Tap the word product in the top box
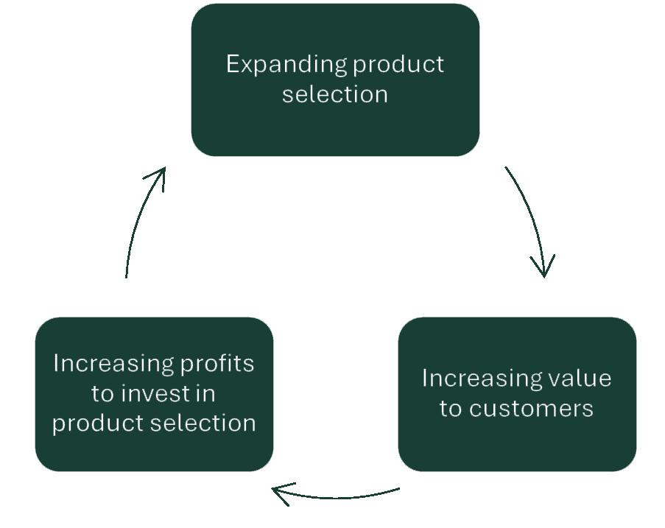[398, 65]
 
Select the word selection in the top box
[335, 94]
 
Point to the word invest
[154, 394]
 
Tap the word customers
[531, 408]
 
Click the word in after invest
[205, 394]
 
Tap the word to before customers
[451, 408]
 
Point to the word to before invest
[102, 394]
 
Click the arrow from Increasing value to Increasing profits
[339, 494]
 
